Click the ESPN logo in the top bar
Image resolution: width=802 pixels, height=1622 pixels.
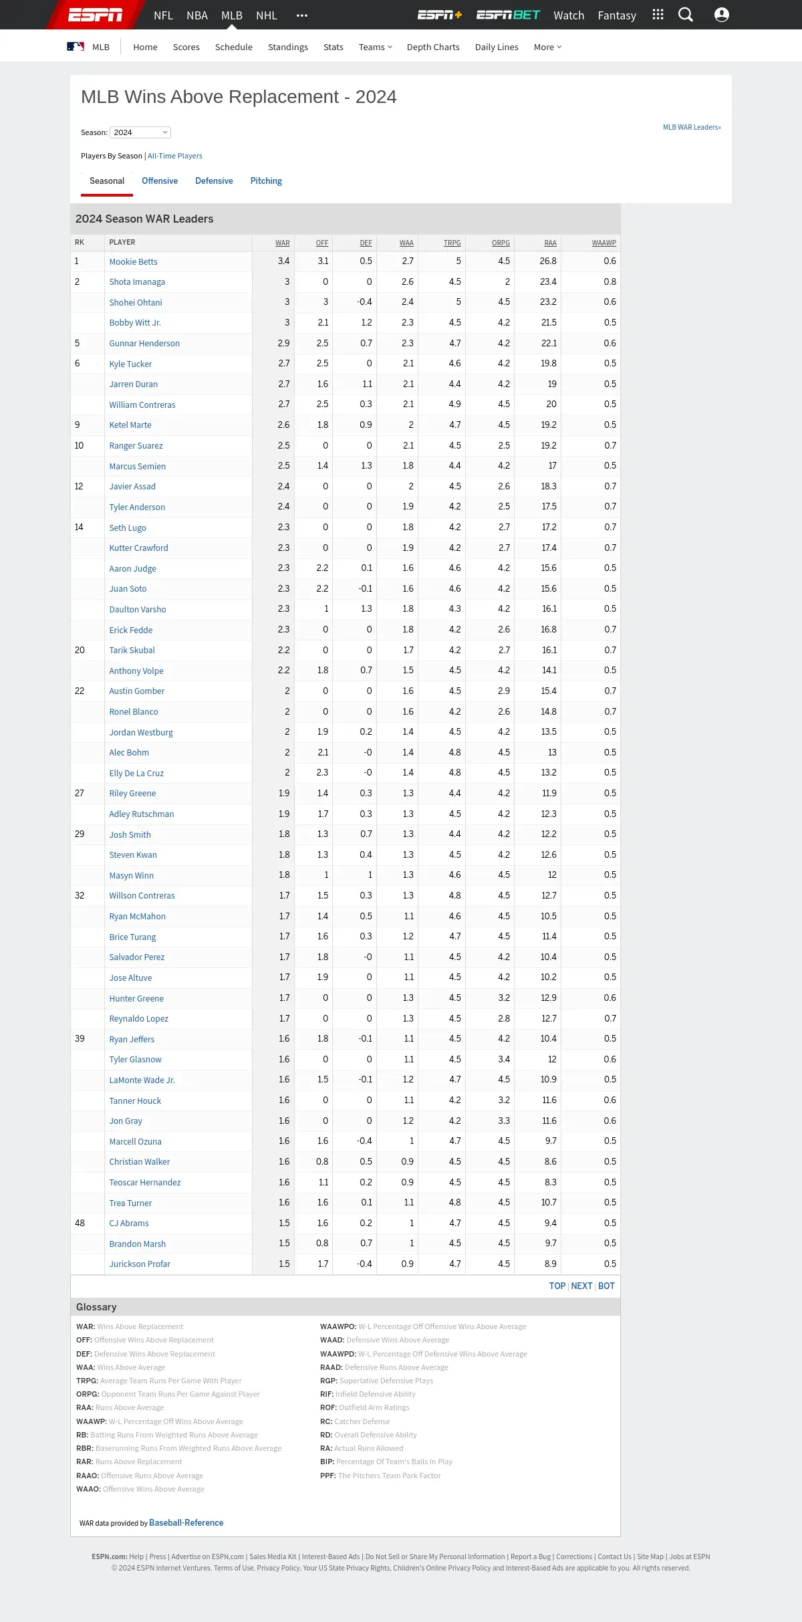click(x=95, y=15)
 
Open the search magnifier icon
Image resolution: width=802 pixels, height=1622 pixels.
click(x=686, y=15)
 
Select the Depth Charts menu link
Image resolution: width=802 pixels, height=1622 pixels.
click(x=433, y=47)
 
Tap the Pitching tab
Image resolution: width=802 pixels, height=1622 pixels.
click(x=266, y=181)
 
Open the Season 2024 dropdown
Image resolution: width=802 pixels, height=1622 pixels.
click(x=140, y=132)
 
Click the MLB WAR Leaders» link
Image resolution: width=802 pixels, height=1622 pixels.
click(x=692, y=127)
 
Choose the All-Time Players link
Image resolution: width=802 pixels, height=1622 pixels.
click(x=175, y=156)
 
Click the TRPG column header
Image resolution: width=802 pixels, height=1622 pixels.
click(x=452, y=243)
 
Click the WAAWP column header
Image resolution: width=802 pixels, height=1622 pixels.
click(x=604, y=243)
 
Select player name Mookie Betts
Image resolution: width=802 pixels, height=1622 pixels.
click(x=134, y=261)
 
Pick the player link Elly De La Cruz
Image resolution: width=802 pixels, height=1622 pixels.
click(x=136, y=773)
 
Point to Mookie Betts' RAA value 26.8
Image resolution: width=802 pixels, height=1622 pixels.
click(x=548, y=261)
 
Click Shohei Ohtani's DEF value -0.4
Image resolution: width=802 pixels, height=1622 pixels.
click(x=364, y=302)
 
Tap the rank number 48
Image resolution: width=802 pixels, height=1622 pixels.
click(x=80, y=1223)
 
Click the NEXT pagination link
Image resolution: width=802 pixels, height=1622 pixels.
click(x=581, y=1286)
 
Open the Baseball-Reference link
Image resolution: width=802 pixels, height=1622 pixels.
click(x=186, y=1522)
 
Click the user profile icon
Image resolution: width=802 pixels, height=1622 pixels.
click(x=722, y=15)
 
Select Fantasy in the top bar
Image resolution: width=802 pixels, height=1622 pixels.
click(x=617, y=15)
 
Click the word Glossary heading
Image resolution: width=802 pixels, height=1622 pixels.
click(x=96, y=1306)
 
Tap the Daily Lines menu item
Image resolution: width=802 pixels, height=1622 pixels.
click(x=497, y=47)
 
